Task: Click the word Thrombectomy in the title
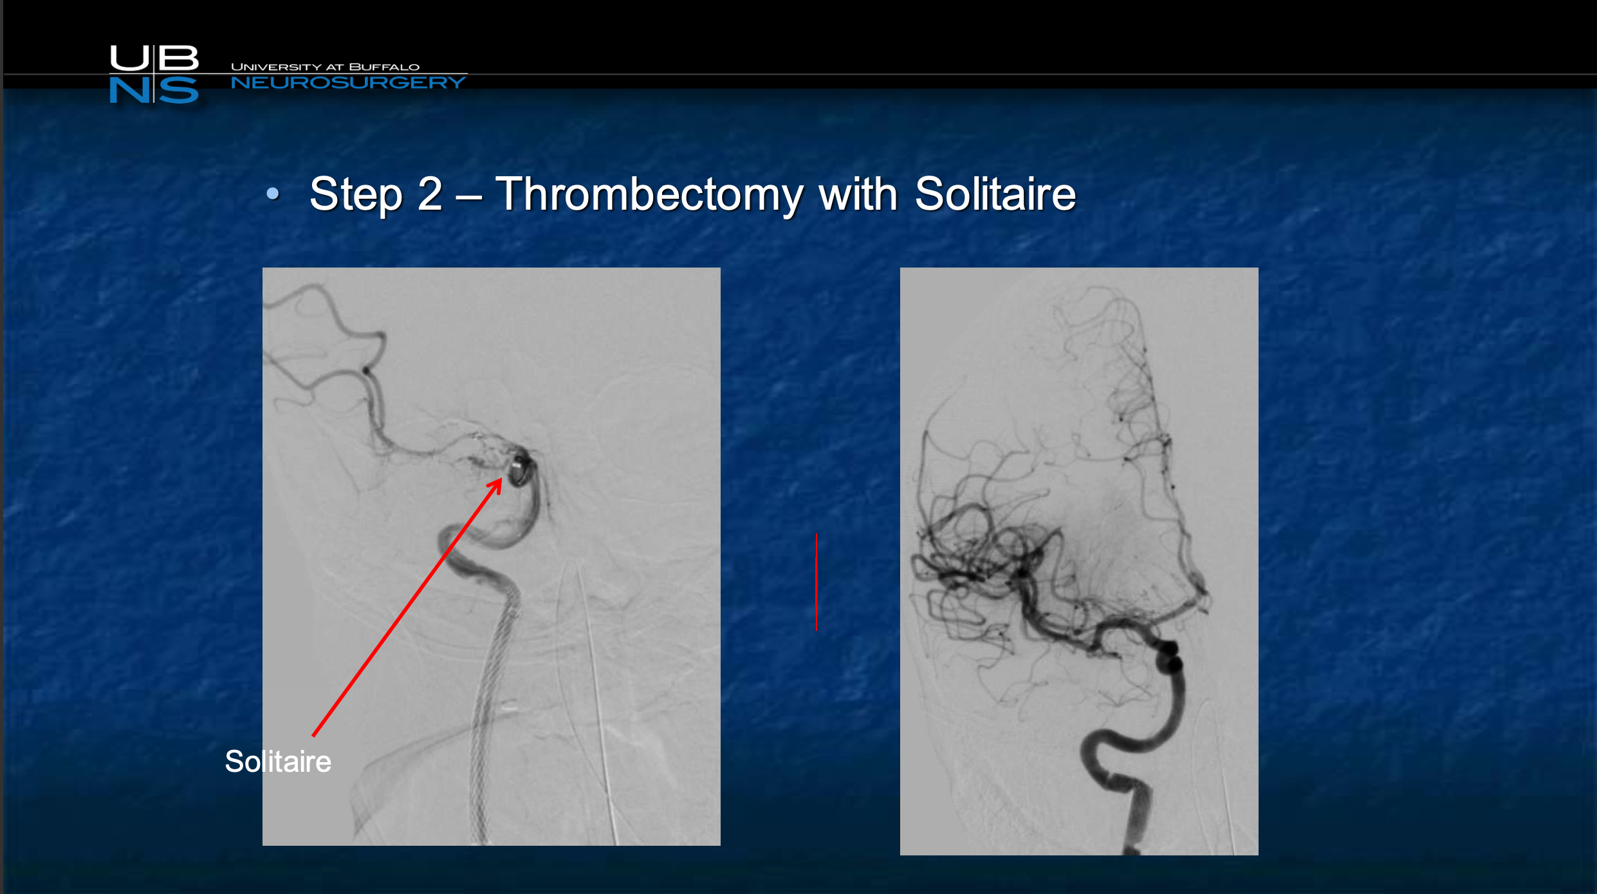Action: (x=649, y=194)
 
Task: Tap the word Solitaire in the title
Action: (x=995, y=194)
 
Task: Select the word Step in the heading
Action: (x=356, y=194)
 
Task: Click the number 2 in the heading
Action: (x=430, y=194)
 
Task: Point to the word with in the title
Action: (x=858, y=194)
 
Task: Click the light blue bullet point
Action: (x=273, y=193)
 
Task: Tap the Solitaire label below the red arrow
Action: (x=278, y=762)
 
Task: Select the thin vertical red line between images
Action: (x=817, y=582)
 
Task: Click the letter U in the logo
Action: (x=129, y=58)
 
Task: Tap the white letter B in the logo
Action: (x=178, y=58)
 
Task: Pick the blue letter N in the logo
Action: (x=129, y=90)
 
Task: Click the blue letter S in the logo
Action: (x=178, y=90)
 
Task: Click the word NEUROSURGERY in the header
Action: (x=348, y=82)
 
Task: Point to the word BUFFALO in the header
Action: (x=384, y=67)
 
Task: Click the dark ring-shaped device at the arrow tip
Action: (x=520, y=469)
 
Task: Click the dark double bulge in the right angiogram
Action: (x=1169, y=657)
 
